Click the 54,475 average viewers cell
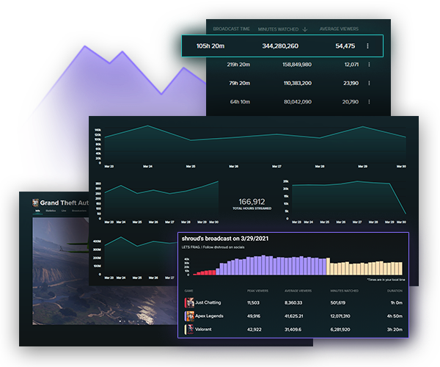tap(345, 46)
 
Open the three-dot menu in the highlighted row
tap(368, 46)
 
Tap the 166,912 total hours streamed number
tap(252, 201)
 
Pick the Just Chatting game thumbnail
tap(190, 302)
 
